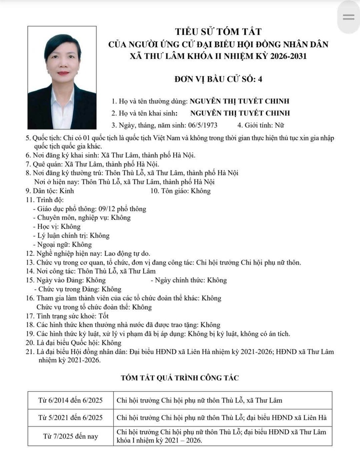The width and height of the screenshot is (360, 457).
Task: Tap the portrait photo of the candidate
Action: (62, 78)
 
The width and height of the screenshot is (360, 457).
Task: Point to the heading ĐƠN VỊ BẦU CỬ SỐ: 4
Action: (218, 78)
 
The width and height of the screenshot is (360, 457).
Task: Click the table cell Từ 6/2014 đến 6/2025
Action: (71, 401)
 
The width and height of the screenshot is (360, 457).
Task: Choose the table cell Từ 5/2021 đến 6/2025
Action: (71, 418)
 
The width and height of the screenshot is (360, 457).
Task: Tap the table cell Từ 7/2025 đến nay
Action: (71, 436)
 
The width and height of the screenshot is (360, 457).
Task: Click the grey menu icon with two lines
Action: (349, 17)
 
